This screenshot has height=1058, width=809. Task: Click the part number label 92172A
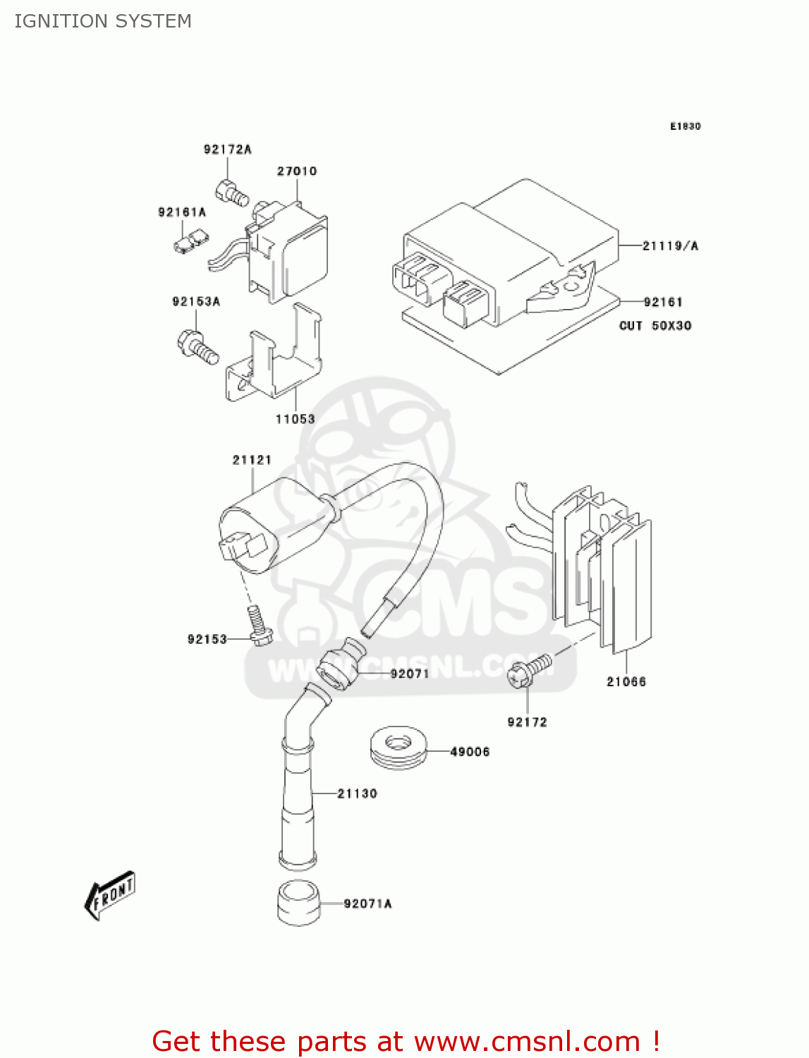coord(227,150)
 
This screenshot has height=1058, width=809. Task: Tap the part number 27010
coord(296,171)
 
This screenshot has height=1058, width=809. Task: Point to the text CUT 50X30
coord(655,326)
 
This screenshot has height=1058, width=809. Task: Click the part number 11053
coord(295,419)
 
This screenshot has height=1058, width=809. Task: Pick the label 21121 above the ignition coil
coord(252,460)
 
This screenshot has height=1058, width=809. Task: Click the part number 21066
coord(626,682)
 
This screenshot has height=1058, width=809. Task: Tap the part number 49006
coord(470,752)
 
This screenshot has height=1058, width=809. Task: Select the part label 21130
coord(357,793)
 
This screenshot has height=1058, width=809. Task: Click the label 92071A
coord(367,904)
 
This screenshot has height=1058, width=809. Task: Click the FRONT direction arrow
coord(110,896)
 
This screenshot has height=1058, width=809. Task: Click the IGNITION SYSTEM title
coord(103,21)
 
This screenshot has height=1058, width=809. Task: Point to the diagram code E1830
coord(685,127)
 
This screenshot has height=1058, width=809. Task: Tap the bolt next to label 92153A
coord(197,346)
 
